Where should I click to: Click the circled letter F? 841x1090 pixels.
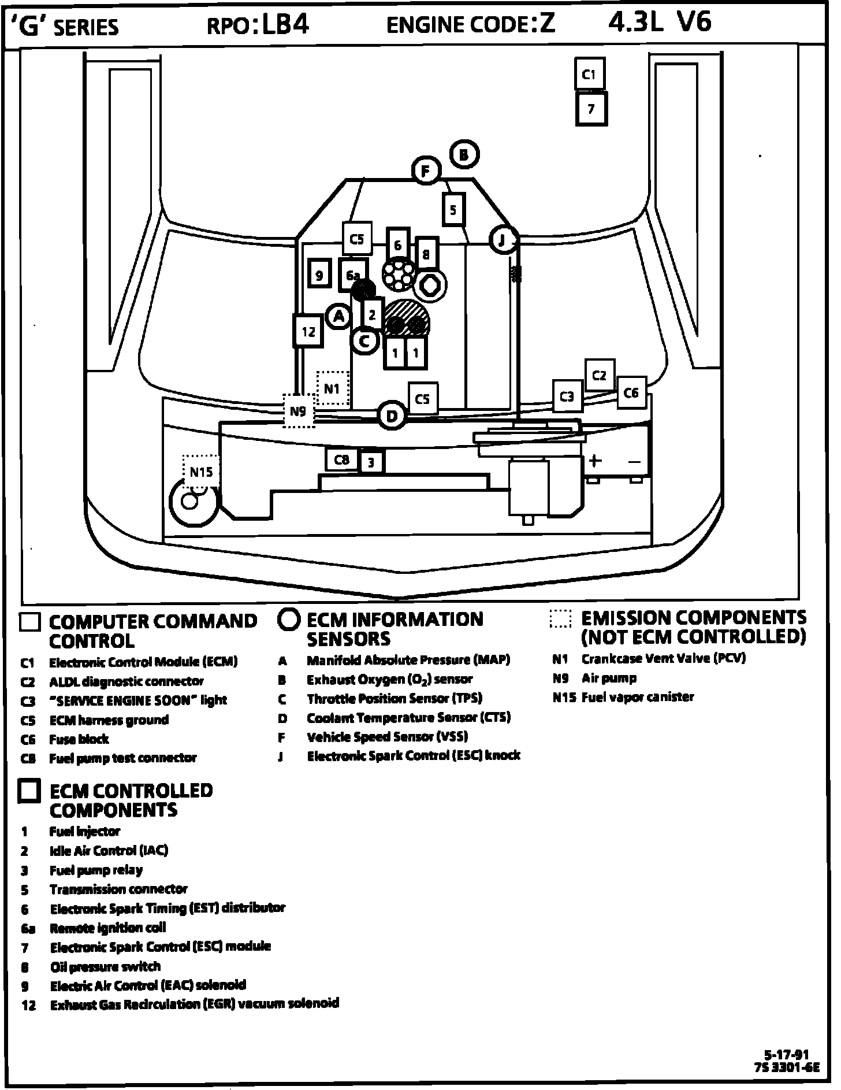[426, 171]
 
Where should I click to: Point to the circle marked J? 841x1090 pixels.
[503, 240]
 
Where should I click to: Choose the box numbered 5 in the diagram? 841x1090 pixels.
[453, 209]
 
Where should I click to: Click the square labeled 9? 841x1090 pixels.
[319, 275]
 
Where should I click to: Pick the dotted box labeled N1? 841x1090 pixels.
[333, 388]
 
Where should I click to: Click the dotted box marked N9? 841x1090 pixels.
[299, 411]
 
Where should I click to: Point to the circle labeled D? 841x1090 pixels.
[392, 416]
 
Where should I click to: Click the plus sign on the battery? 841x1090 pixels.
[595, 461]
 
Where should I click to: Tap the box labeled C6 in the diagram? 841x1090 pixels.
[631, 393]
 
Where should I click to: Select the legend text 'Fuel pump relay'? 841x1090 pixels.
[96, 870]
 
